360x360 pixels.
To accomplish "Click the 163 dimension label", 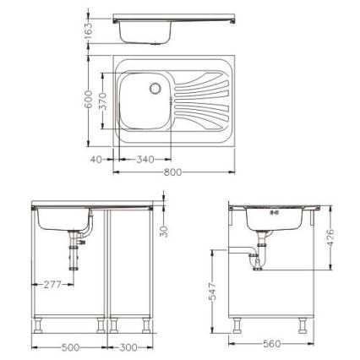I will (89, 30).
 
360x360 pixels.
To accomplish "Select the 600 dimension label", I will (89, 100).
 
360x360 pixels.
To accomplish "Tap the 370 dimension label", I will (103, 102).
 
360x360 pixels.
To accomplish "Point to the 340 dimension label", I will (145, 159).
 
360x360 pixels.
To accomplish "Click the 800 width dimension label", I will (172, 172).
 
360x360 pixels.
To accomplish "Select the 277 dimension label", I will (52, 285).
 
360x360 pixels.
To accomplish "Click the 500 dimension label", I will (71, 347).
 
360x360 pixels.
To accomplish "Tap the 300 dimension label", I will (128, 347).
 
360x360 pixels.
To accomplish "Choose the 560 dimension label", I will (271, 344).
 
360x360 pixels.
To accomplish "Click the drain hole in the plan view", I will (155, 87).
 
